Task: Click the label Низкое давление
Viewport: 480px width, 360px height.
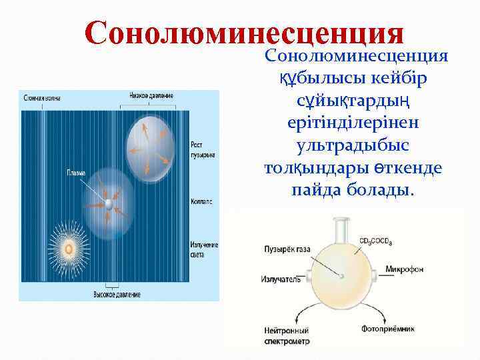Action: [147, 96]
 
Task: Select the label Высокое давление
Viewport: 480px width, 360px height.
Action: [115, 293]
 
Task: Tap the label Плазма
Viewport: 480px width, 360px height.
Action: [75, 173]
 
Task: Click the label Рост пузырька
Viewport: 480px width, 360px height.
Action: [203, 150]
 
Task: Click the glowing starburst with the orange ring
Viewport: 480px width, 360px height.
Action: [67, 249]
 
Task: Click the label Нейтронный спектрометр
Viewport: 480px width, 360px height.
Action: [286, 335]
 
